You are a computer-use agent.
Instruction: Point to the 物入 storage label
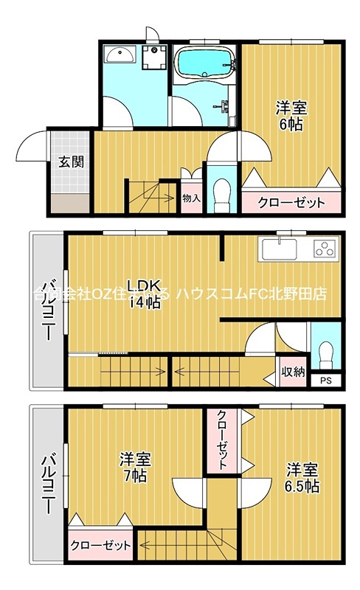click(191, 198)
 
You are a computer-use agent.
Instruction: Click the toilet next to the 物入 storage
click(218, 193)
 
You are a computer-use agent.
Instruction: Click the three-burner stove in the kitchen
click(324, 249)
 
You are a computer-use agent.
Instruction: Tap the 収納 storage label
click(293, 372)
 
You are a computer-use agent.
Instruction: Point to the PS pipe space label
click(325, 381)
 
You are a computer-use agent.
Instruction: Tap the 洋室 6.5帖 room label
click(302, 478)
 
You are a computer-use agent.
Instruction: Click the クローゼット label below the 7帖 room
click(100, 546)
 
